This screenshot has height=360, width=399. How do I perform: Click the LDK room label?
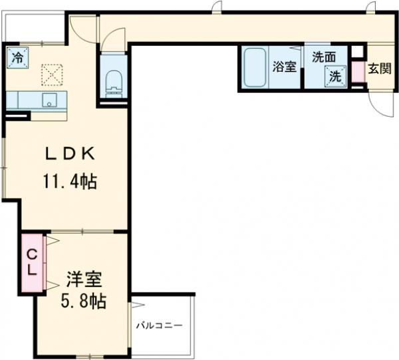[70, 153]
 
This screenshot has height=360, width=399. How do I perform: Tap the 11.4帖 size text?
[70, 181]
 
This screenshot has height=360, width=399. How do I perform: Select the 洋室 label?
[84, 280]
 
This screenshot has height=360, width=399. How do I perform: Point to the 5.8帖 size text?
[84, 302]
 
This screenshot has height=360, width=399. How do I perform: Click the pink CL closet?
[32, 262]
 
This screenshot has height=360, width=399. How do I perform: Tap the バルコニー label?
[160, 325]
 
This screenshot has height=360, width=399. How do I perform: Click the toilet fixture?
[114, 84]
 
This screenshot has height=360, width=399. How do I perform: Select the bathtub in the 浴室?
[255, 67]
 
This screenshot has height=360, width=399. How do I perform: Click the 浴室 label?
[285, 67]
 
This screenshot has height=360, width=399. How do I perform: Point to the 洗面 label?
[324, 57]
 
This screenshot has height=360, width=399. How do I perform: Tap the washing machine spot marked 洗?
[335, 76]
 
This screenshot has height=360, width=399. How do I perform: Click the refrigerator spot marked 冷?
[17, 58]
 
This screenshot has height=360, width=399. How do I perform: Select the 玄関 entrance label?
[380, 68]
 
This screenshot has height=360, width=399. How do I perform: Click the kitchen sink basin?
[50, 100]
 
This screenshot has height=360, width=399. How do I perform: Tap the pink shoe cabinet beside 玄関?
[358, 72]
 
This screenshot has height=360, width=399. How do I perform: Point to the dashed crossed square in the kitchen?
[52, 75]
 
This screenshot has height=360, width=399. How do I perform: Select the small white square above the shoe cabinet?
[358, 52]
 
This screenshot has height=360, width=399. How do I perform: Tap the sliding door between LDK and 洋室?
[82, 231]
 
